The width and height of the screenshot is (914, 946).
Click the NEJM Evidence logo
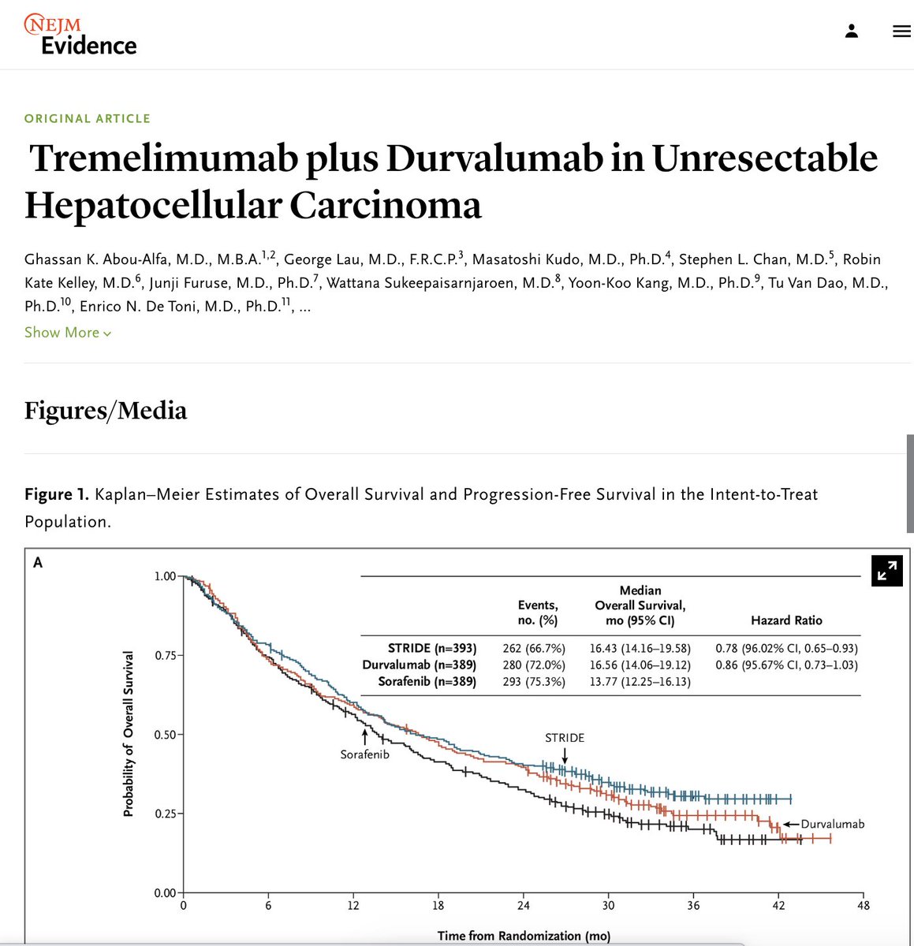pyautogui.click(x=80, y=35)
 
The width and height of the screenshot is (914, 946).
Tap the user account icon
pyautogui.click(x=851, y=32)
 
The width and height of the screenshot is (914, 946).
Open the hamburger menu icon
pyautogui.click(x=901, y=32)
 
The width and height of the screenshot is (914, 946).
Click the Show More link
pyautogui.click(x=68, y=333)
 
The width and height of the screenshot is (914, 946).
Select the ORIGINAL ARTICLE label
pyautogui.click(x=88, y=118)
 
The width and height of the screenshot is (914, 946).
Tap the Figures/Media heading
pyautogui.click(x=106, y=411)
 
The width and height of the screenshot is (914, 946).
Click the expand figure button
pyautogui.click(x=887, y=570)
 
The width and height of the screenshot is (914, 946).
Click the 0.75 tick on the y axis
pyautogui.click(x=165, y=655)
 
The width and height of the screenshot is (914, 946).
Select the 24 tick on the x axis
pyautogui.click(x=524, y=906)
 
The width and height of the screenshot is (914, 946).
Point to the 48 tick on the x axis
pyautogui.click(x=864, y=906)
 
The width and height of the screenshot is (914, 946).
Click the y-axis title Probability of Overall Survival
pyautogui.click(x=129, y=733)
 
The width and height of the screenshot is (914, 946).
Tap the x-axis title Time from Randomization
pyautogui.click(x=524, y=936)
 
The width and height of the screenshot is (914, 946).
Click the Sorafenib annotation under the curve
pyautogui.click(x=364, y=754)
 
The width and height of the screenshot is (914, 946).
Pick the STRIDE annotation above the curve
pyautogui.click(x=565, y=738)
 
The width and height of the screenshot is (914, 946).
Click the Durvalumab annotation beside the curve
pyautogui.click(x=833, y=824)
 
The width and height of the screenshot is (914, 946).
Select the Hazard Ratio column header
pyautogui.click(x=786, y=620)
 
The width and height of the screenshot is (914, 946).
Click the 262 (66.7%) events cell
pyautogui.click(x=534, y=649)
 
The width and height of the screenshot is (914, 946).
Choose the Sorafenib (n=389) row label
pyautogui.click(x=427, y=681)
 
